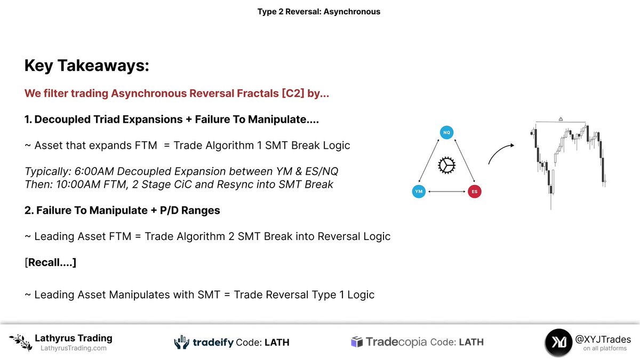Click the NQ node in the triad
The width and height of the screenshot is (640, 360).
[x=446, y=133]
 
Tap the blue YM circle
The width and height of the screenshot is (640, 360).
[x=419, y=191]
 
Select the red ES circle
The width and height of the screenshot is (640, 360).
[x=474, y=191]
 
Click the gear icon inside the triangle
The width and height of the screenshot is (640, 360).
[x=446, y=166]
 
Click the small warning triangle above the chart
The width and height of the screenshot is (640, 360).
[x=561, y=119]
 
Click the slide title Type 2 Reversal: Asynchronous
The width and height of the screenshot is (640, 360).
[x=318, y=11]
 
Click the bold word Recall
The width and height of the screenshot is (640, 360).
[x=51, y=262]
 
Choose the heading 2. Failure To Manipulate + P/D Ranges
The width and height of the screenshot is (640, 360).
[x=122, y=210]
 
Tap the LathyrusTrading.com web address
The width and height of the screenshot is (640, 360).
[x=74, y=348]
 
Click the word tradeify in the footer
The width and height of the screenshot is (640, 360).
[x=213, y=342]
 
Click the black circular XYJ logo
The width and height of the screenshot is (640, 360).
[x=559, y=342]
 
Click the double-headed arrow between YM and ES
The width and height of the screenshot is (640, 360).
[x=446, y=191]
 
